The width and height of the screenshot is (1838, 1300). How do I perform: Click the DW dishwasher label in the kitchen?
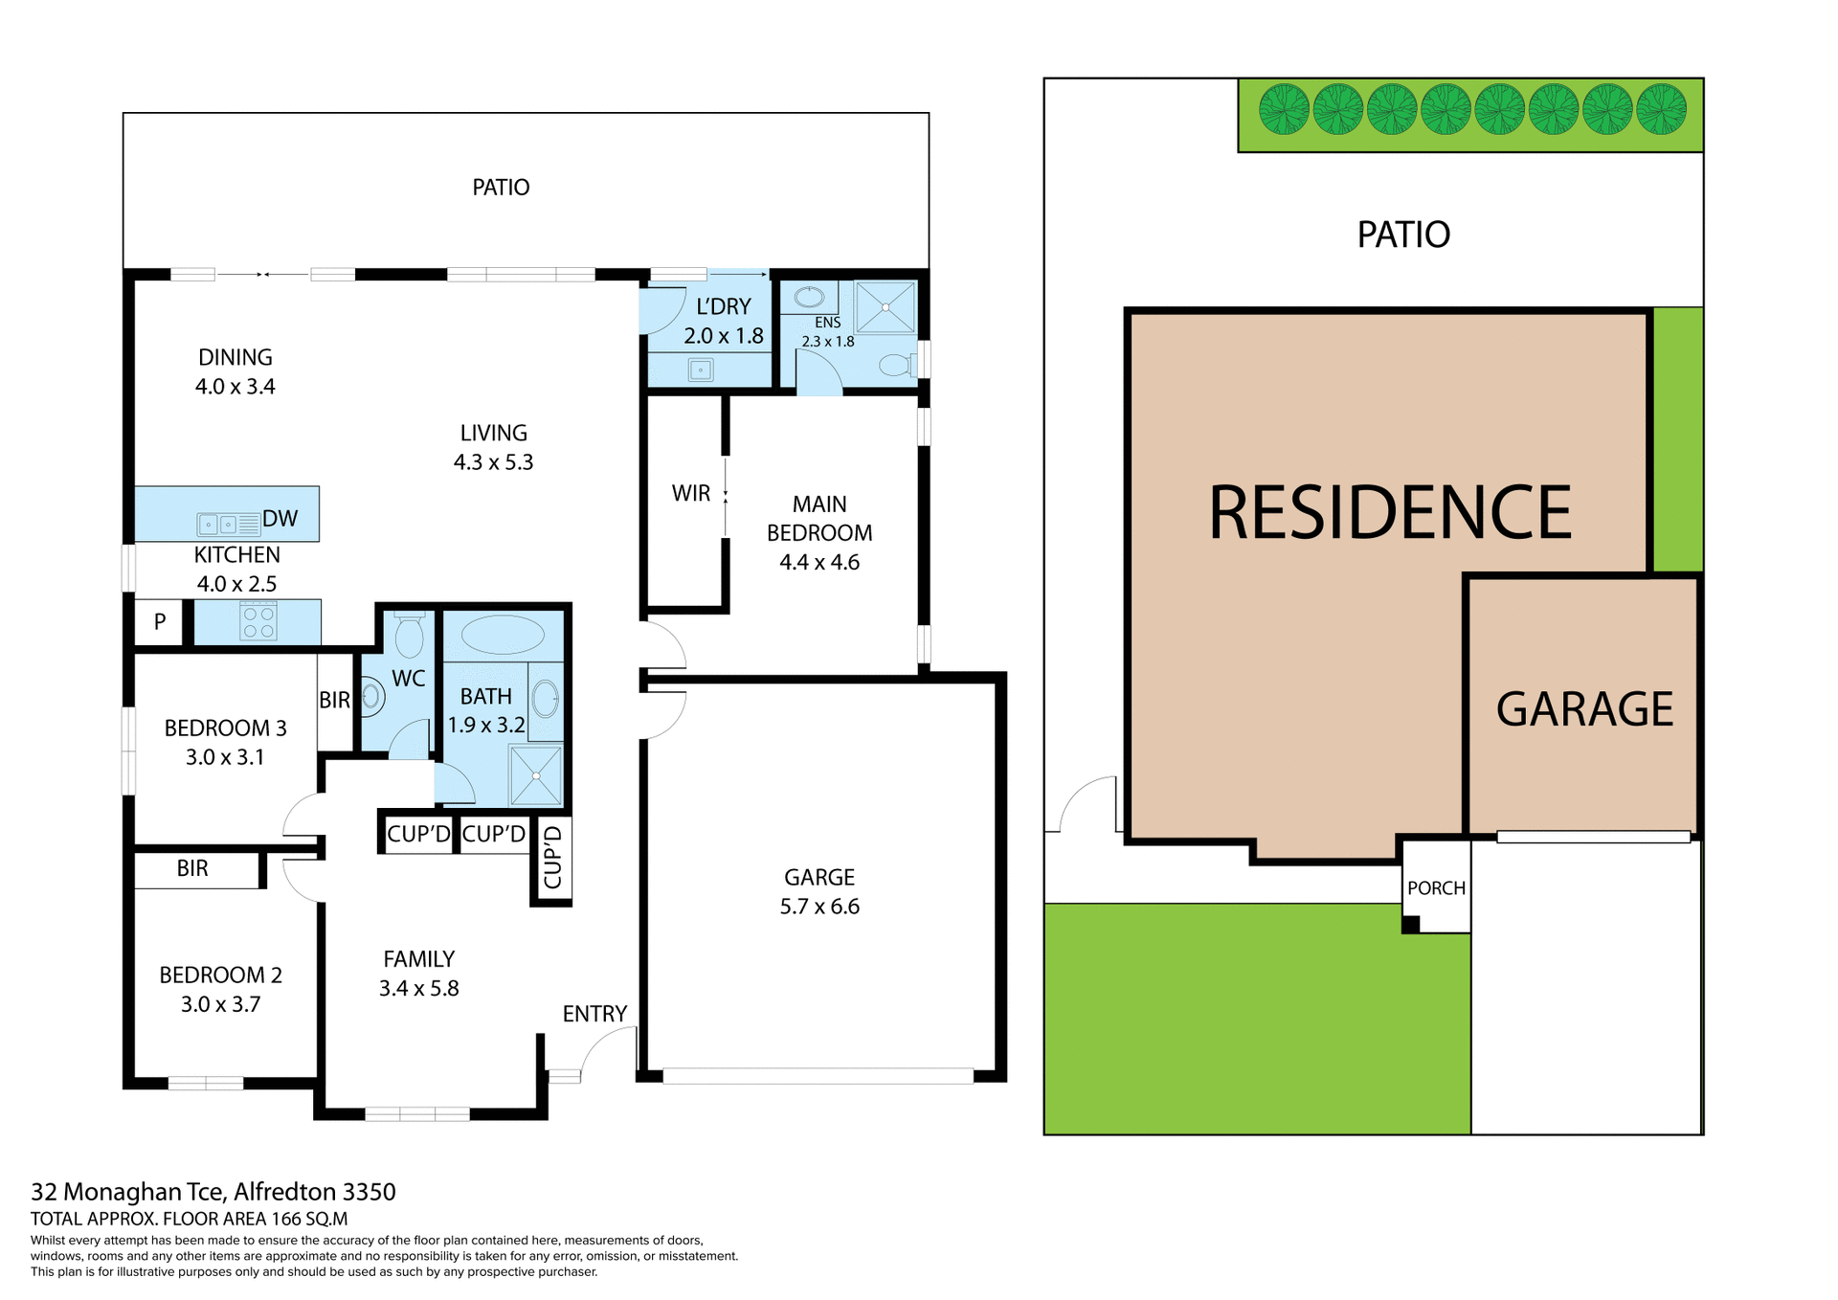280,519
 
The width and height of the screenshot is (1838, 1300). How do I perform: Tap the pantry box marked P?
160,621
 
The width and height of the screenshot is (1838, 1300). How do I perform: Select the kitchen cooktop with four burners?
258,621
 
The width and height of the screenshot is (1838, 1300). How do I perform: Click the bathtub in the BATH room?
502,635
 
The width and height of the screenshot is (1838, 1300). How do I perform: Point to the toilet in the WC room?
409,636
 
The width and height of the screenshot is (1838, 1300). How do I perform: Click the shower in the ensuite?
885,307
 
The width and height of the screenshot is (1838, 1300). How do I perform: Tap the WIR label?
690,494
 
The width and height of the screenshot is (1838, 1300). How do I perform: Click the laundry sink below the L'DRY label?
701,369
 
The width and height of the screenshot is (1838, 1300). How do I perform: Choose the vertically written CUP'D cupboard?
552,858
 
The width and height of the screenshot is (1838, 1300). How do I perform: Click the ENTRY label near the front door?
594,1014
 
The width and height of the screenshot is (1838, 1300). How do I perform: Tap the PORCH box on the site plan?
1436,888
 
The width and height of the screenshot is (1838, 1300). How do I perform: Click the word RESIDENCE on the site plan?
1390,513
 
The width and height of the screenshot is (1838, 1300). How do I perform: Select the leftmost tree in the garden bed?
1283,109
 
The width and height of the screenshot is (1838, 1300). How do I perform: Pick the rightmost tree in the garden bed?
1661,109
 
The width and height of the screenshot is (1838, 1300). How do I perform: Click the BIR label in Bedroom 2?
192,868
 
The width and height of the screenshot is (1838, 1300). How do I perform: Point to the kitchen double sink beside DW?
218,525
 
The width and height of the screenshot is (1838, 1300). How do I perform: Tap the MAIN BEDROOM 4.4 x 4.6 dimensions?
819,563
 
